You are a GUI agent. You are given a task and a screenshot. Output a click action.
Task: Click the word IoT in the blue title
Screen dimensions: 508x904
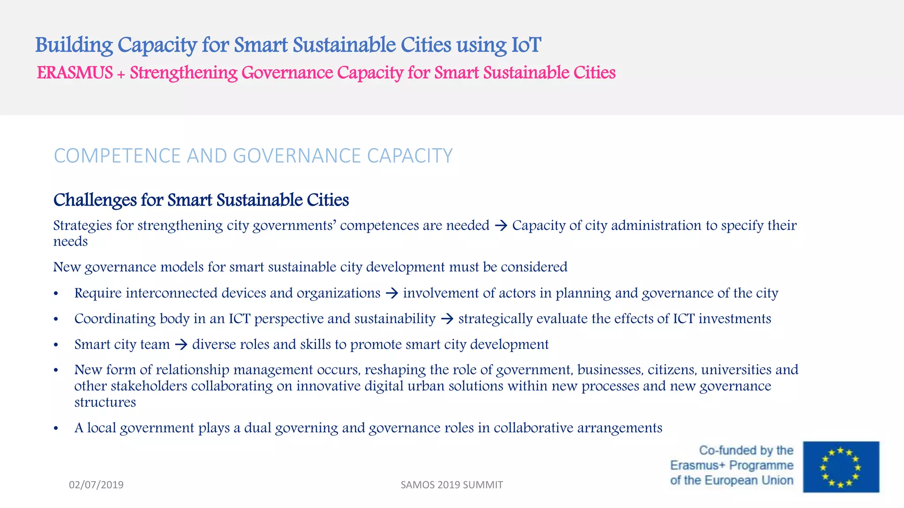point(526,45)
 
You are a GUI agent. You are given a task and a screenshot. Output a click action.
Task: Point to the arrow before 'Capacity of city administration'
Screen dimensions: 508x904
point(501,226)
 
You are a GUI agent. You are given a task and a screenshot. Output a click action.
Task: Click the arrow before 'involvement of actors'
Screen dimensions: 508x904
point(392,293)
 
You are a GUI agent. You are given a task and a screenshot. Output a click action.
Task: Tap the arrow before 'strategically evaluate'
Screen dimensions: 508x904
point(447,319)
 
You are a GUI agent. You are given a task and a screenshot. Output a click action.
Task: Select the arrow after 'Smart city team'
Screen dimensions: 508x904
point(181,344)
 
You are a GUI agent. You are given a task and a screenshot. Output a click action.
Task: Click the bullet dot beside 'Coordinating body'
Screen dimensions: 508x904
point(56,319)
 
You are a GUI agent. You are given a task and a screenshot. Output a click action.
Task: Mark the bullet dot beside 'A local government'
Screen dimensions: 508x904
point(56,428)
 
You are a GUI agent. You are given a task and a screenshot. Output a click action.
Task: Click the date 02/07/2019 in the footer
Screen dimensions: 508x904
point(96,485)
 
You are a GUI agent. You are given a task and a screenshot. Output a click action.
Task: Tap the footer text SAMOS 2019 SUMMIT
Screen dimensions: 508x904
point(452,485)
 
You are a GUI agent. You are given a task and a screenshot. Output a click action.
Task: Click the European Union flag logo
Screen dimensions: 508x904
point(840,467)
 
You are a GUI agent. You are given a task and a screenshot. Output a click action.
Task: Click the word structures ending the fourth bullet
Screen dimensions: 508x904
point(105,402)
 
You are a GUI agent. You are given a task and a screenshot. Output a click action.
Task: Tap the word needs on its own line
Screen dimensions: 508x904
point(71,242)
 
